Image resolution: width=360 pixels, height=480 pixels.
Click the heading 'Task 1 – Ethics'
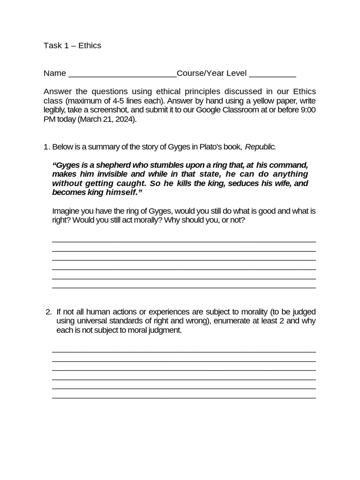(72, 45)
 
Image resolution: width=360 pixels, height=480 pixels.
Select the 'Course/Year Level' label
(211, 74)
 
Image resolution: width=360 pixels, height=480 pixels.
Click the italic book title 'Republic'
(260, 147)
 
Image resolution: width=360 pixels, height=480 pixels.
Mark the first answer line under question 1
(184, 241)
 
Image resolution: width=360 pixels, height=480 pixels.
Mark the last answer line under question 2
(184, 397)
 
